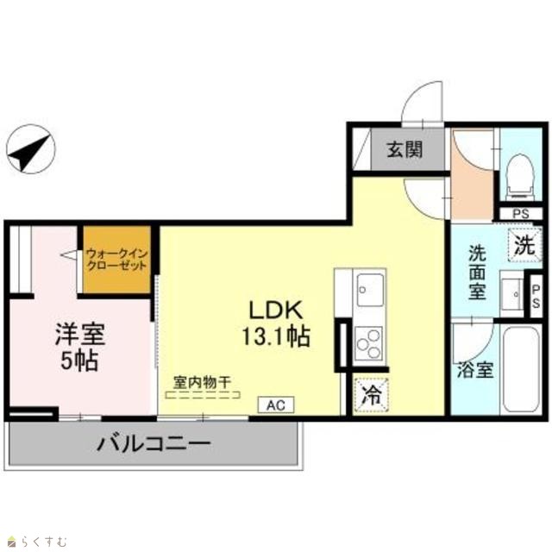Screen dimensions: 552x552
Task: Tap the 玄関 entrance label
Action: (x=405, y=150)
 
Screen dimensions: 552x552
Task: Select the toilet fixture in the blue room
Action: (x=519, y=176)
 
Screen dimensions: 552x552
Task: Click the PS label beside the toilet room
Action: (x=521, y=214)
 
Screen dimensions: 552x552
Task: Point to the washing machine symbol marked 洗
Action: (x=524, y=245)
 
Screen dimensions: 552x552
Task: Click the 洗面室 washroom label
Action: (x=477, y=273)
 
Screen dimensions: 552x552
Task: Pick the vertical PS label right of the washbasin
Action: (x=536, y=297)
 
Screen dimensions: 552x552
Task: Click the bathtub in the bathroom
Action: (x=521, y=369)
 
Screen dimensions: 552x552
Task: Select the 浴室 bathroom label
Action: (x=475, y=370)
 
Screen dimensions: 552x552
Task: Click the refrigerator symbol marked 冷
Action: (x=372, y=395)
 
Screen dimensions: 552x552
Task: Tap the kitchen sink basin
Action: (x=370, y=290)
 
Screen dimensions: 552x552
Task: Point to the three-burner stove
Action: (x=368, y=343)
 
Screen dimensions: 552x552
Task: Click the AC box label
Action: (x=276, y=405)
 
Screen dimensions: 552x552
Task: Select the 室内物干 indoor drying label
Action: (x=202, y=382)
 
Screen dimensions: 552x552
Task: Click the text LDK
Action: (x=276, y=310)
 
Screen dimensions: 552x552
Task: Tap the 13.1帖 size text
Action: (x=276, y=336)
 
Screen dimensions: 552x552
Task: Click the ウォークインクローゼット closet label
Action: (x=116, y=260)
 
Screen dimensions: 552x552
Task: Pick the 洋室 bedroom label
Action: (x=80, y=334)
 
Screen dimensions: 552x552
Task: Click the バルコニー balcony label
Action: (x=154, y=443)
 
